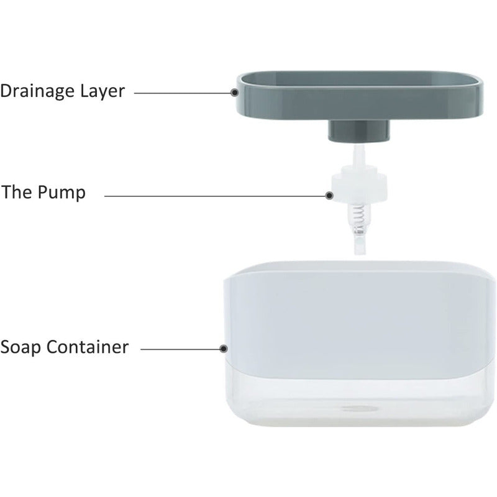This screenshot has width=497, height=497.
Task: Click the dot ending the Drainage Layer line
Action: pyautogui.click(x=235, y=93)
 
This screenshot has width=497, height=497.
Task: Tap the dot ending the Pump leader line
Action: pyautogui.click(x=329, y=195)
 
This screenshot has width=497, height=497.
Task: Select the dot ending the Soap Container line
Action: pyautogui.click(x=224, y=349)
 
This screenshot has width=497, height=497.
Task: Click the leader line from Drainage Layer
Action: pyautogui.click(x=183, y=93)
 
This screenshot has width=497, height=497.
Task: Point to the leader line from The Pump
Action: pyautogui.click(x=214, y=195)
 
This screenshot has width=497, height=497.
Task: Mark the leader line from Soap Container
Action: pyautogui.click(x=180, y=349)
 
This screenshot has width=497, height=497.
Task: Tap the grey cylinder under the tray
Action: pyautogui.click(x=359, y=130)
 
